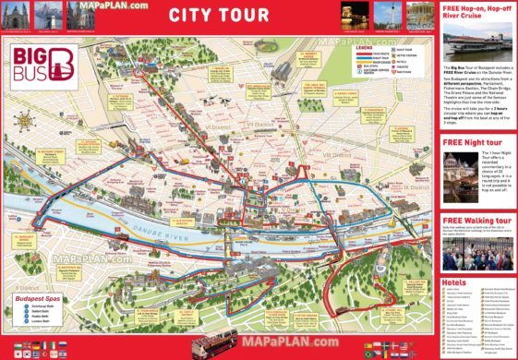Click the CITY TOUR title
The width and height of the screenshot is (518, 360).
[219, 15]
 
